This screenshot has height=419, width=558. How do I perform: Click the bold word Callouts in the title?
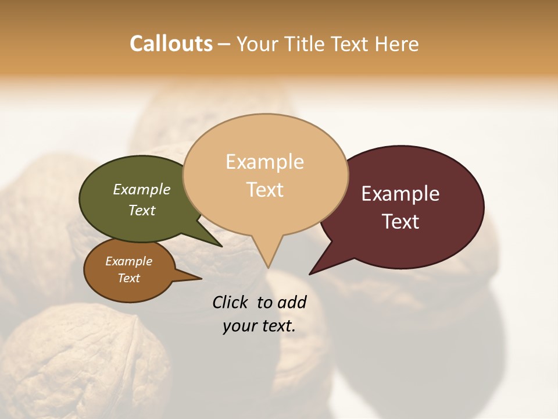(x=171, y=44)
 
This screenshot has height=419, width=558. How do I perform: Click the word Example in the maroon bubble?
(x=400, y=194)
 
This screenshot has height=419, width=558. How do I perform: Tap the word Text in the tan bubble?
(x=265, y=190)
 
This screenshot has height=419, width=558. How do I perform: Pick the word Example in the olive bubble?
(x=142, y=189)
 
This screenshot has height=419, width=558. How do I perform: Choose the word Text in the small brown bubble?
(x=129, y=278)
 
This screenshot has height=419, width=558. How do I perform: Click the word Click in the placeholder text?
(x=231, y=302)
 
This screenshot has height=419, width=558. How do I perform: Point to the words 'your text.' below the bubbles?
(x=259, y=326)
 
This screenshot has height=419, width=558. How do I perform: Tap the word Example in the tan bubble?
(x=265, y=162)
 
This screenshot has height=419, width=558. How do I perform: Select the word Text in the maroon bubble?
(x=400, y=222)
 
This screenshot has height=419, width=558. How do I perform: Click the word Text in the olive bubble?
(x=142, y=210)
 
